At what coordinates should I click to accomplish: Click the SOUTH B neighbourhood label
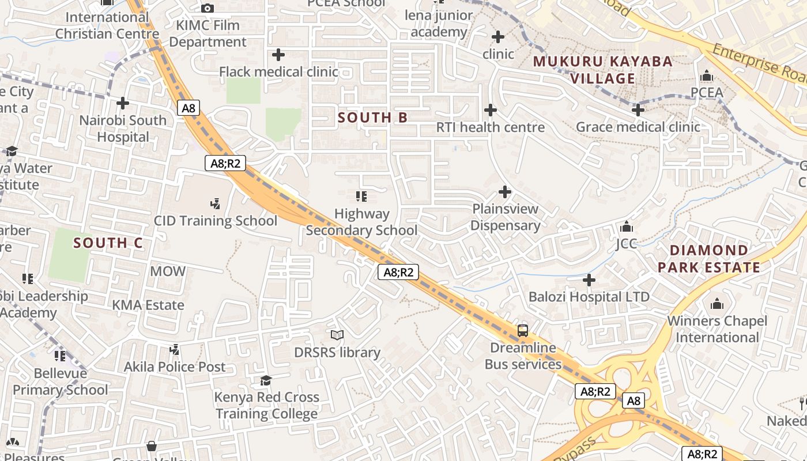tap(372, 118)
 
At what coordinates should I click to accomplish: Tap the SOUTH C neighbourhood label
tap(108, 243)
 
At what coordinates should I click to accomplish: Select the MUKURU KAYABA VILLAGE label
tap(602, 70)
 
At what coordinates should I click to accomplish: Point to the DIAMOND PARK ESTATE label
tap(708, 259)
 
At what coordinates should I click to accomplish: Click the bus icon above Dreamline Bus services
tap(522, 330)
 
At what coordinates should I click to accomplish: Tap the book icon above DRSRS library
tap(337, 335)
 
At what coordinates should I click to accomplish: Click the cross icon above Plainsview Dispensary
tap(505, 191)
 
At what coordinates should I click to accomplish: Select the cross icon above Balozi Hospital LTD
tap(589, 280)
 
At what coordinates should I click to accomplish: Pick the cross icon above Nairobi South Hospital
tap(122, 103)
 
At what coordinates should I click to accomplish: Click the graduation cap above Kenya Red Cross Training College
tap(266, 380)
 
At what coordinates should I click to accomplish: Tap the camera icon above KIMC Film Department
tap(208, 8)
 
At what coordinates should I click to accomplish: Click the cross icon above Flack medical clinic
tap(278, 55)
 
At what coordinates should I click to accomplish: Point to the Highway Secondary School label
tap(361, 222)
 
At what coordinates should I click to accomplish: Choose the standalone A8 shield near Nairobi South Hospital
tap(188, 108)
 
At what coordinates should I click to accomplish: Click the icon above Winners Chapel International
tap(717, 303)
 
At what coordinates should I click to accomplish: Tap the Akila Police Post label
tap(175, 366)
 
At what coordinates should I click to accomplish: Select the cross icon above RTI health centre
tap(490, 109)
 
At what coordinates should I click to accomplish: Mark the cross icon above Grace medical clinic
tap(638, 109)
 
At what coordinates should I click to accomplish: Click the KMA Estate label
tap(148, 305)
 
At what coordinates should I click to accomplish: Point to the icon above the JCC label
tap(626, 226)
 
